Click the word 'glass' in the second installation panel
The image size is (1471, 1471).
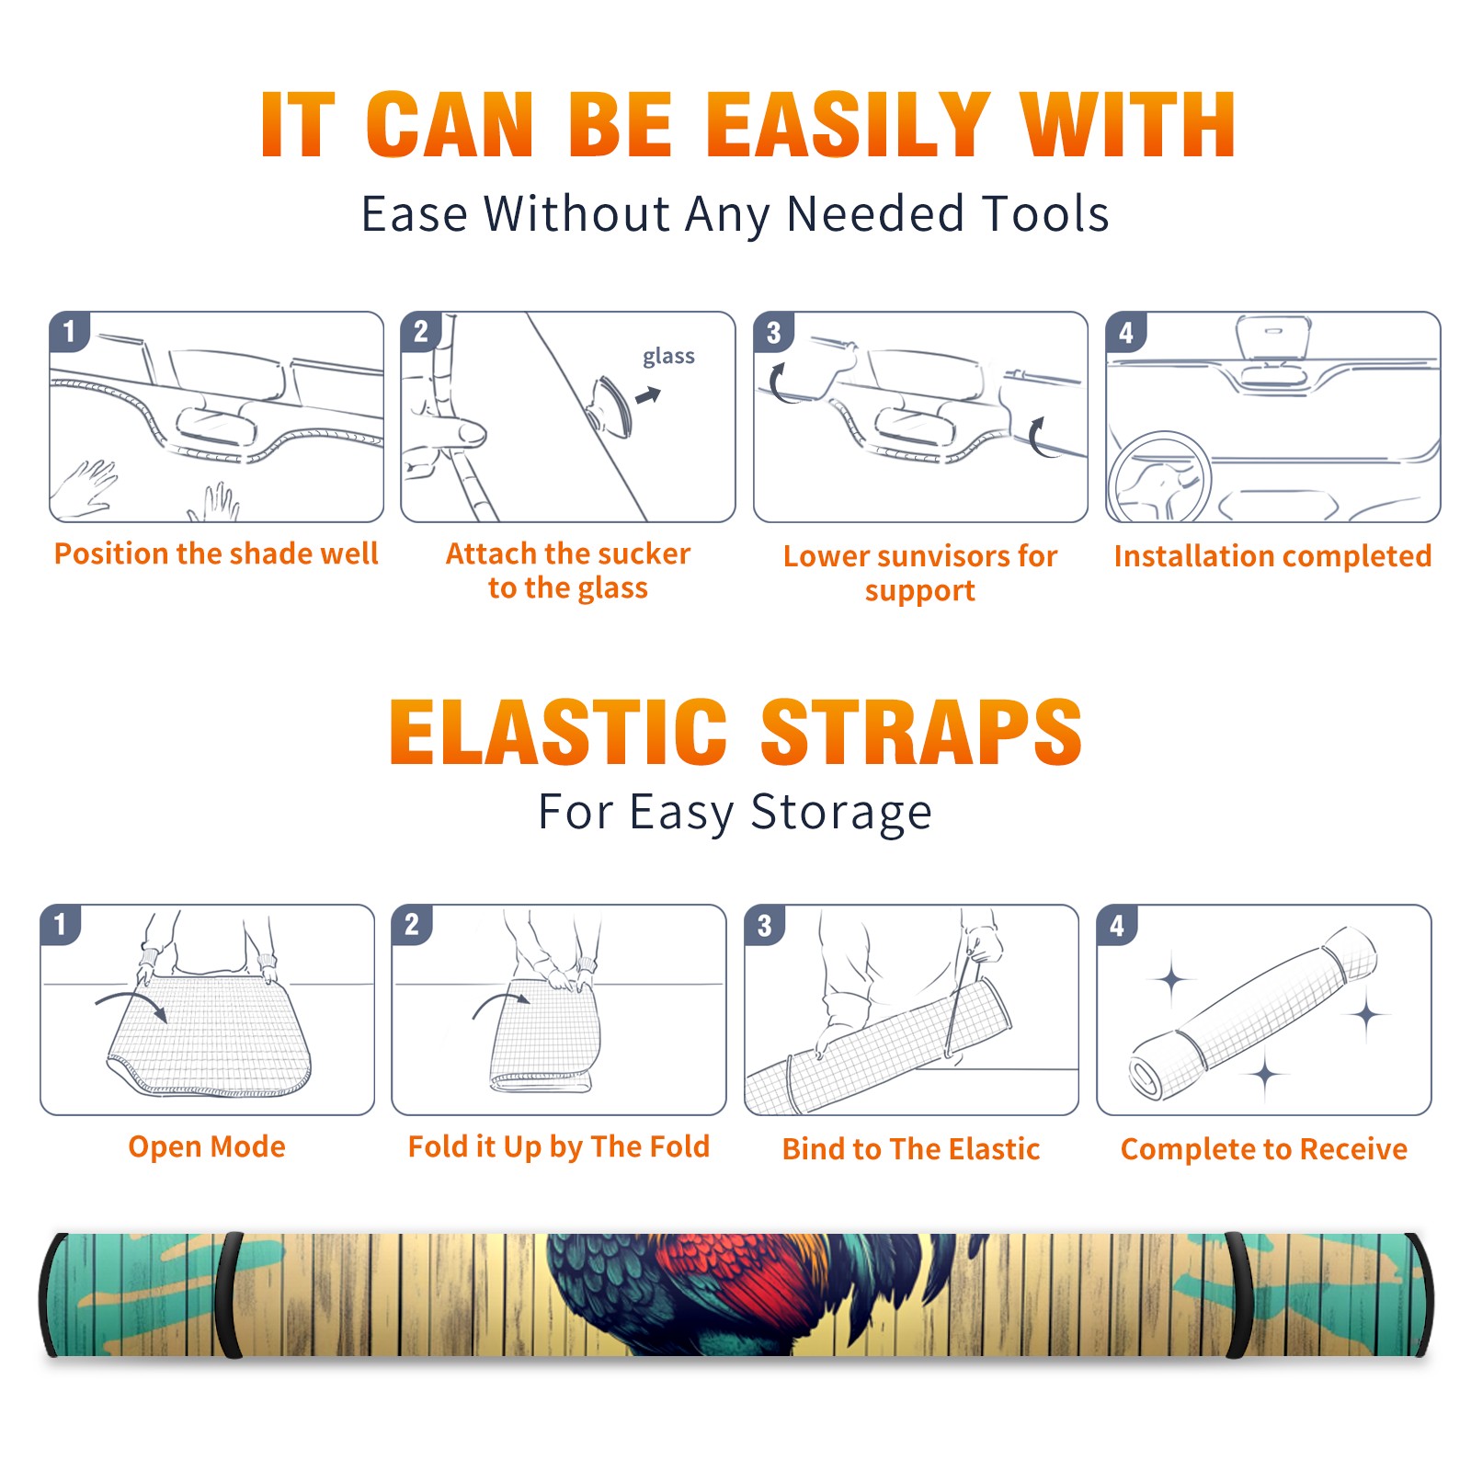coord(668,357)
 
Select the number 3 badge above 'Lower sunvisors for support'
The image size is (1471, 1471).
coord(774,332)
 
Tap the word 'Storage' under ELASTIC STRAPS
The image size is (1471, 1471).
coord(841,813)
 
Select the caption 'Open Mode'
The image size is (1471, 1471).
coord(207,1146)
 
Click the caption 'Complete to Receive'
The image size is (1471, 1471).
coord(1264,1149)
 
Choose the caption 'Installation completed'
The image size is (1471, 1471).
coord(1272,556)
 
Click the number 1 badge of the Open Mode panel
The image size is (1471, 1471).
coord(61,924)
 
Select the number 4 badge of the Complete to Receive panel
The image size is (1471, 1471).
coord(1117,924)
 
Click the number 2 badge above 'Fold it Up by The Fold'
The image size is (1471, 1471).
coord(412,924)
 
